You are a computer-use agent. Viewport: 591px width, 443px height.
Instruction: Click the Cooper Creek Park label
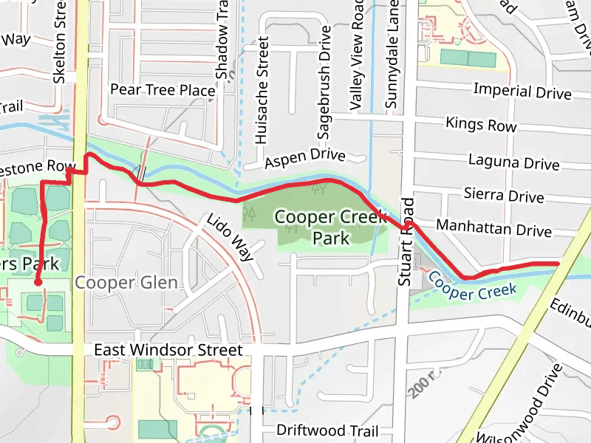pos(330,227)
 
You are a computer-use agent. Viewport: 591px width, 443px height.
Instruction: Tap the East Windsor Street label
pos(168,350)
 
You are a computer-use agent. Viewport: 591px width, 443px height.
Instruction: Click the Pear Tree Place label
pos(163,90)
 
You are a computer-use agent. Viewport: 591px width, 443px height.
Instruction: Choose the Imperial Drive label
pos(522,92)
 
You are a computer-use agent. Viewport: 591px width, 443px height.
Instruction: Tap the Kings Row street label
pos(481,125)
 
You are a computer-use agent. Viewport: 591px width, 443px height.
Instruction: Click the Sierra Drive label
pos(504,196)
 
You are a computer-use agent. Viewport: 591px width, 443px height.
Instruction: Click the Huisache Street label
pos(262,89)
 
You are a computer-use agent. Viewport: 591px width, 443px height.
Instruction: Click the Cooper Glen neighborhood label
pos(126,283)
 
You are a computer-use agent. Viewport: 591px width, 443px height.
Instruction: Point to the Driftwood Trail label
pos(327,430)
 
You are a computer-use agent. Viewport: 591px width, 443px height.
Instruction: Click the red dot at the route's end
pos(38,281)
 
